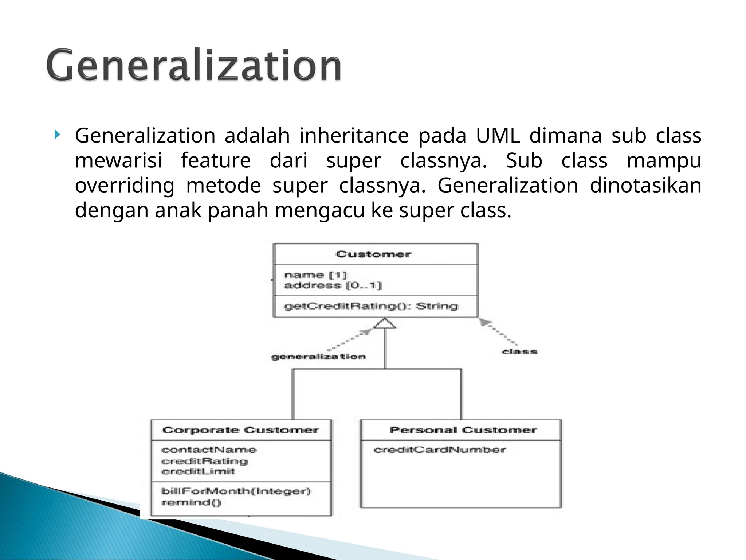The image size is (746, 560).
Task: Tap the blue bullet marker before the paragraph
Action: point(56,135)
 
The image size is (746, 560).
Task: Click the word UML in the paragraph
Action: point(498,136)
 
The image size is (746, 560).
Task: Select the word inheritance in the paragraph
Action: point(354,136)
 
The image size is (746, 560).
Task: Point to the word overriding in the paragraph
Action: point(125,186)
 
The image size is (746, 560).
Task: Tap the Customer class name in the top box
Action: point(373,254)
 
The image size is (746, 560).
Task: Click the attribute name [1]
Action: point(315,275)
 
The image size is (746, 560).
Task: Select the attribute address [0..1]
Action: point(333,285)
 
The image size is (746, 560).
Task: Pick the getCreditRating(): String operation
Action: point(370,306)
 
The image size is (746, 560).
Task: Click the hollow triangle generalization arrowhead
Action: point(385,323)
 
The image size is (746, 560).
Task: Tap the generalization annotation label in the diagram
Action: point(319,357)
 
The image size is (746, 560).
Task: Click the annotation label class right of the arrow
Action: point(520,352)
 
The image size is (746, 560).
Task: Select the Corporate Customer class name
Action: point(241,430)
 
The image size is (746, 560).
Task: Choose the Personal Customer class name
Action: point(463,430)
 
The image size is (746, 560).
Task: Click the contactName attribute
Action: point(209,450)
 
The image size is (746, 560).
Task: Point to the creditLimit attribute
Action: point(198,472)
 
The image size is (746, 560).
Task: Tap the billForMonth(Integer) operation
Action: point(236,491)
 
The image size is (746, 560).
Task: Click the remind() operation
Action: point(191,503)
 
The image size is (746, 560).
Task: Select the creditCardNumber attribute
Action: point(440,450)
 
